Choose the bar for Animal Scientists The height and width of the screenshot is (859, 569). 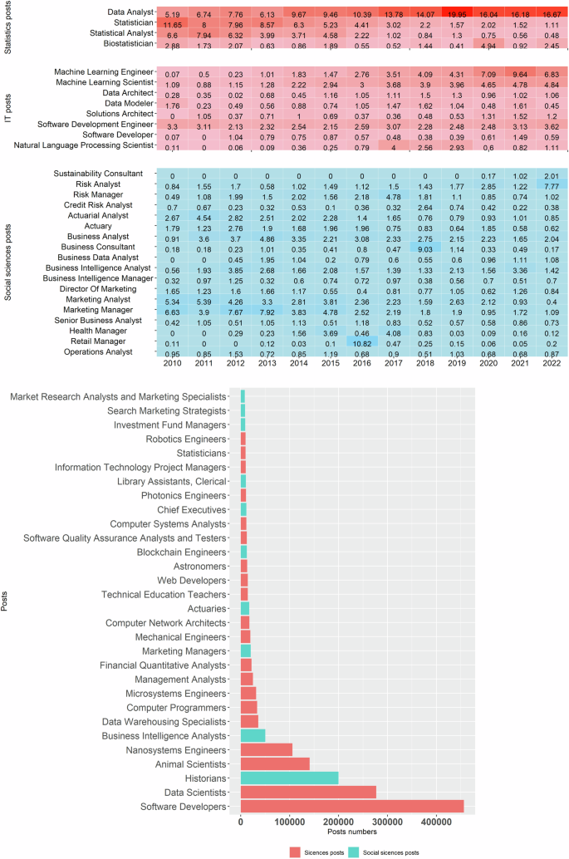(x=275, y=763)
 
